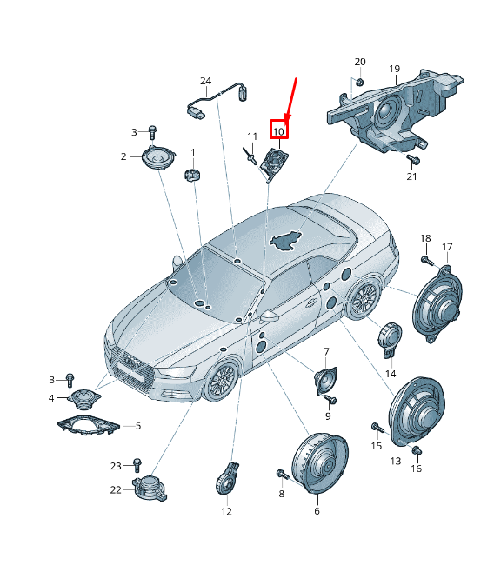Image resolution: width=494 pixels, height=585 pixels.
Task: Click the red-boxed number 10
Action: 278,131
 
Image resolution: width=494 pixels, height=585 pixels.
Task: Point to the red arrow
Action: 292,98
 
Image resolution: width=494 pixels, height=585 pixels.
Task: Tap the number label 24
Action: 205,81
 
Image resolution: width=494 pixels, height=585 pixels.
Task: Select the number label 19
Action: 394,69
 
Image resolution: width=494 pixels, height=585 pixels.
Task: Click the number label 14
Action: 391,373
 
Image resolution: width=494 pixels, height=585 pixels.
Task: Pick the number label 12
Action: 226,511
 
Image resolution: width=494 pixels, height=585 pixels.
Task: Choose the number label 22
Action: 116,489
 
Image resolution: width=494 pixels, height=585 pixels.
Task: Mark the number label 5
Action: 137,426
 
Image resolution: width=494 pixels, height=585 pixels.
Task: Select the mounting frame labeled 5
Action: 87,426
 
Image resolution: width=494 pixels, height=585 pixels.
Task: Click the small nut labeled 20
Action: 357,83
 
